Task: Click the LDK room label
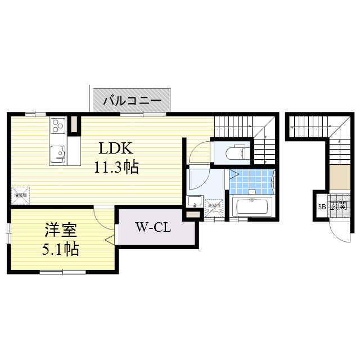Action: click(x=115, y=148)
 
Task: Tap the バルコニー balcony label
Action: click(x=132, y=102)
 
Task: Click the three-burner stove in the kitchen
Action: click(x=58, y=125)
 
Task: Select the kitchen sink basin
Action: click(x=57, y=152)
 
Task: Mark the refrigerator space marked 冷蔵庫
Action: click(x=20, y=195)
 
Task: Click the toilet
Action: click(x=233, y=152)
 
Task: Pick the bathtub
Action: click(x=253, y=206)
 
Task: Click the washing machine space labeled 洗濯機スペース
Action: click(x=214, y=208)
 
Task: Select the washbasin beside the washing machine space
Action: click(x=195, y=201)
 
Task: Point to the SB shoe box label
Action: click(x=322, y=206)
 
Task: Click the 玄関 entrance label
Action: click(x=338, y=206)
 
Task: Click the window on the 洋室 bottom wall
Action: click(x=62, y=272)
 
